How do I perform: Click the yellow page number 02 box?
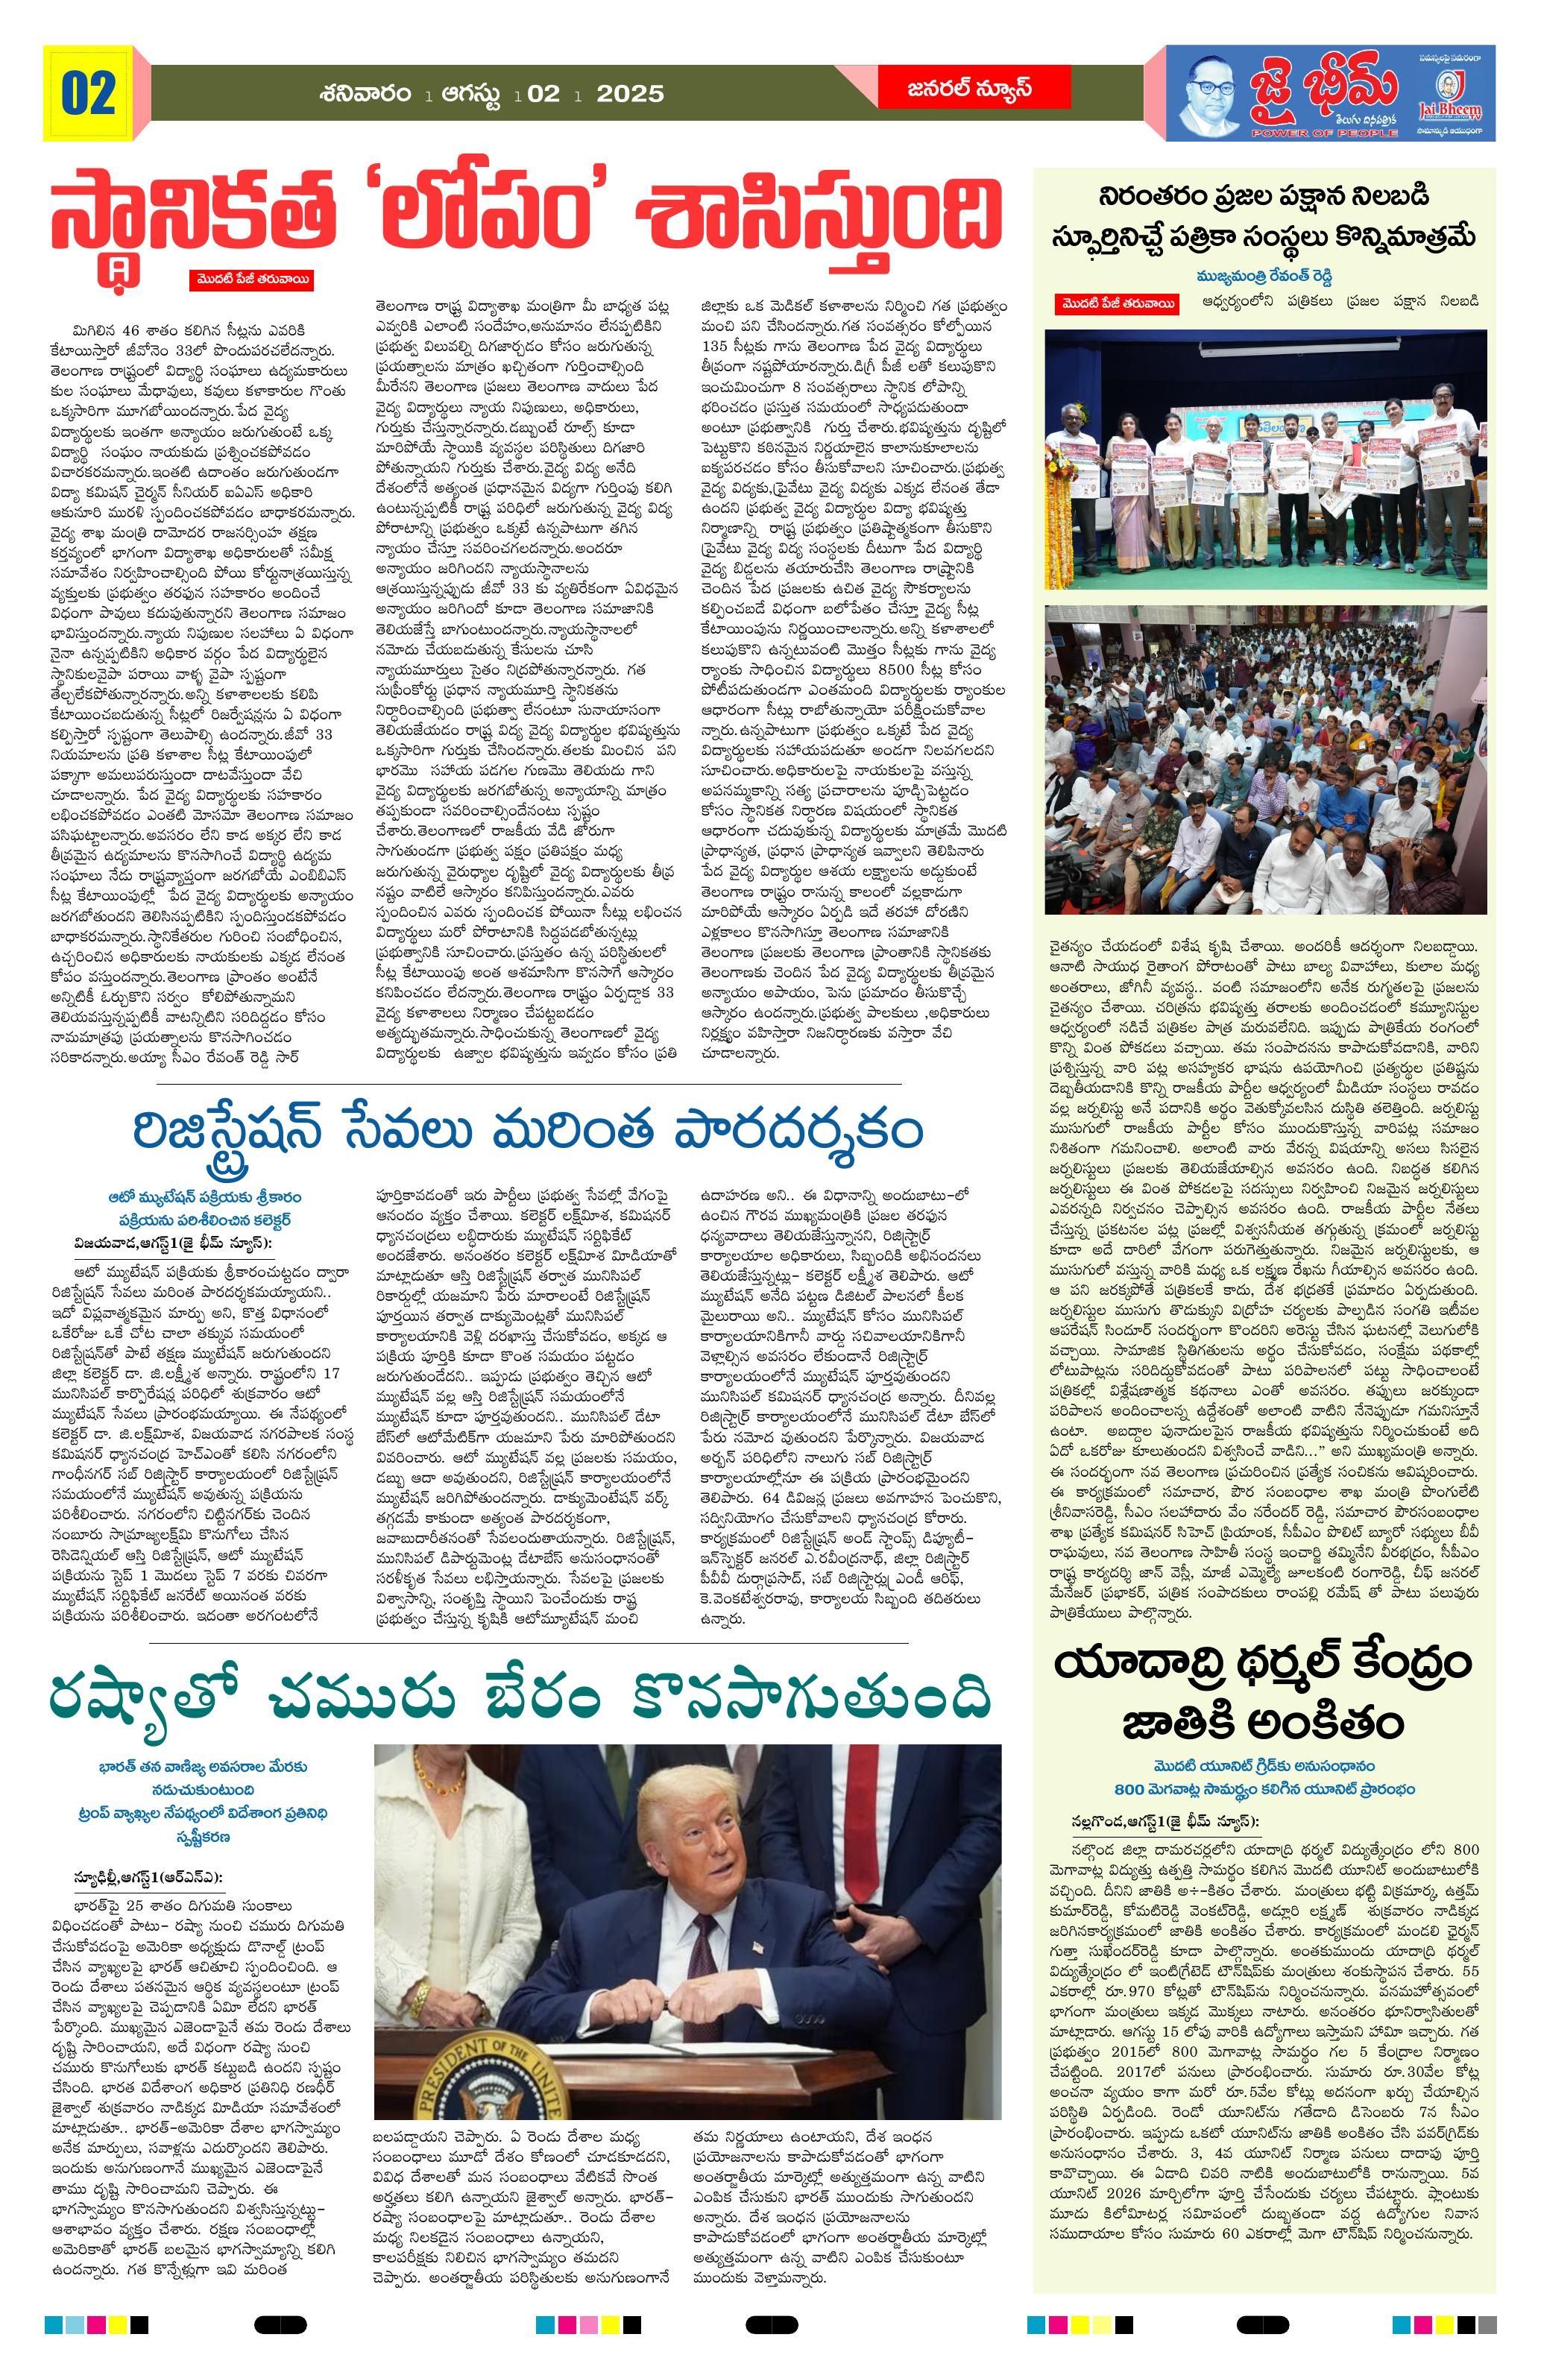tap(88, 93)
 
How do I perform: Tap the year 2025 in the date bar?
tap(629, 94)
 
